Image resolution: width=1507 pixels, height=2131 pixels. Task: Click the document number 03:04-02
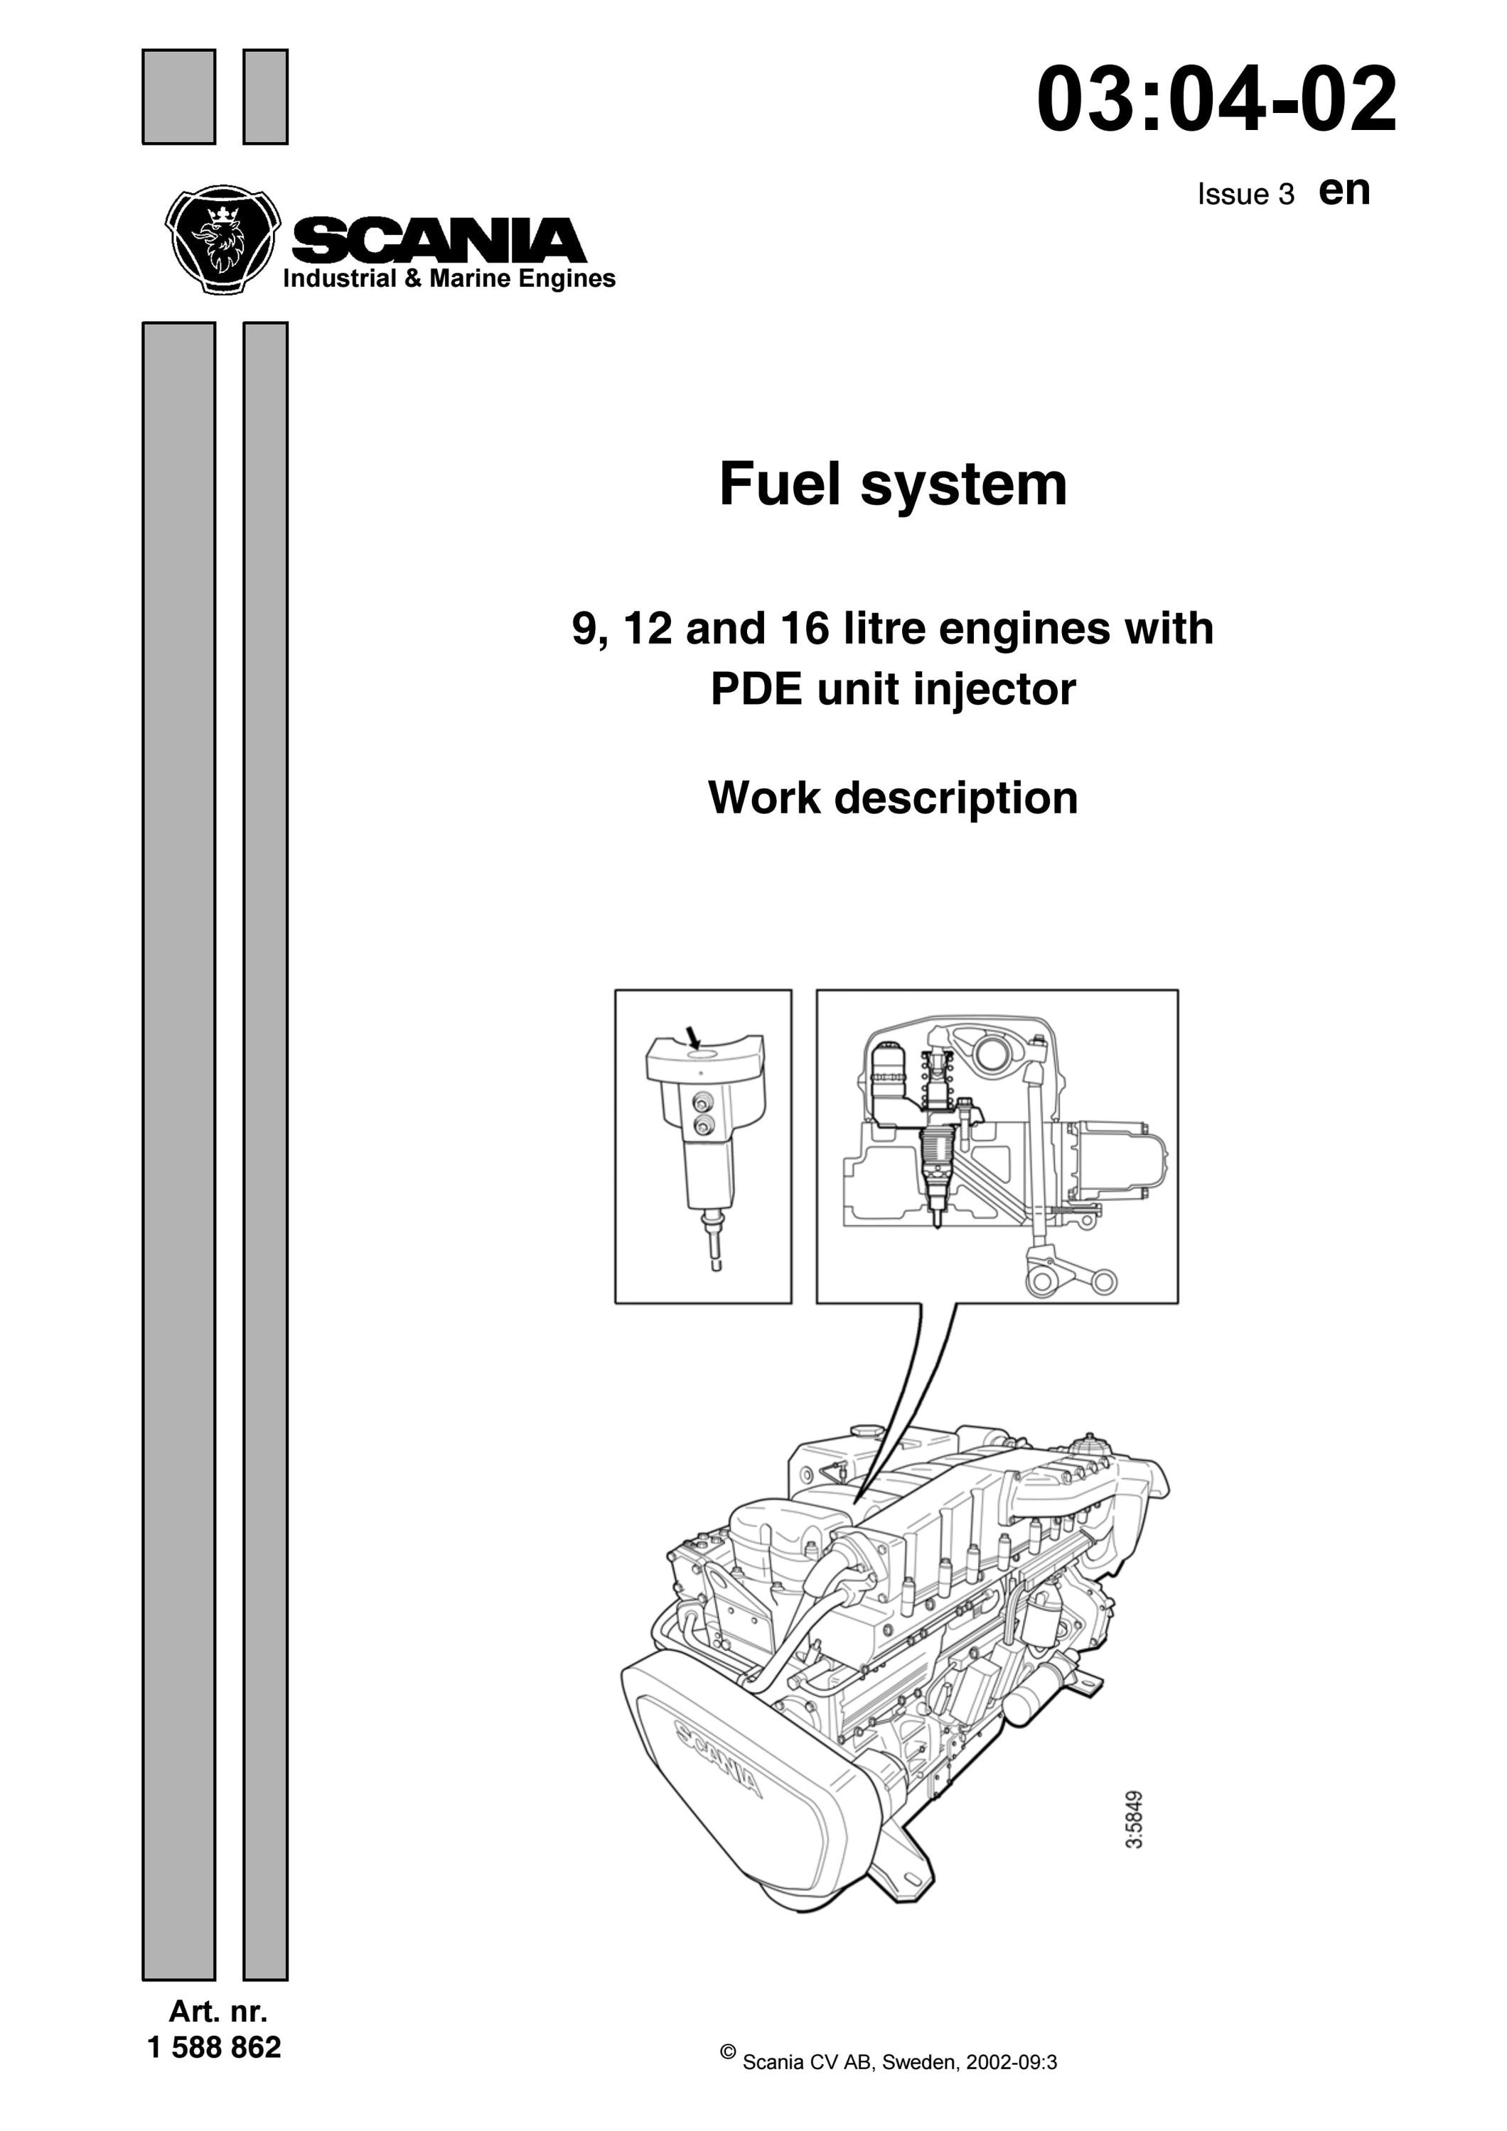(1216, 99)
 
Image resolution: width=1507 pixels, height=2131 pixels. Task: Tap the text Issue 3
(1245, 194)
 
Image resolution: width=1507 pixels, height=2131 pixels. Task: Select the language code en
(1344, 190)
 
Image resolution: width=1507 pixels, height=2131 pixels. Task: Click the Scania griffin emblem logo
(222, 239)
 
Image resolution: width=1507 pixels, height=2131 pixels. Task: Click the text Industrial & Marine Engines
(449, 278)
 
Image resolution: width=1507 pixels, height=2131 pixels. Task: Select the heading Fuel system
(894, 484)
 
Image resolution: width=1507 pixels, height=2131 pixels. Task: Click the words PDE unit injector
(894, 689)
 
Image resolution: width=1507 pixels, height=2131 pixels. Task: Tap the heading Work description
(894, 797)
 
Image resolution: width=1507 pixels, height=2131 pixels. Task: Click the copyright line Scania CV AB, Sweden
(889, 2088)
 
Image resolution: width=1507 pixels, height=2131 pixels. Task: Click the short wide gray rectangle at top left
(178, 97)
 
